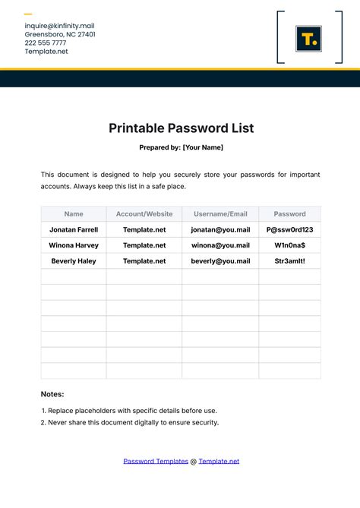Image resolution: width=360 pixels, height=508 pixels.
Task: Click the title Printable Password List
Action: point(180,128)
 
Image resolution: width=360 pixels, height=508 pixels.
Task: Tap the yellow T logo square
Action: point(308,39)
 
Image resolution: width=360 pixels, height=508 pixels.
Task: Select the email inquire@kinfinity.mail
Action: point(59,25)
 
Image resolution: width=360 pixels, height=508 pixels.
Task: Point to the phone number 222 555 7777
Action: point(46,43)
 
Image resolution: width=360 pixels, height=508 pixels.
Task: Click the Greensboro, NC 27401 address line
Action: point(60,34)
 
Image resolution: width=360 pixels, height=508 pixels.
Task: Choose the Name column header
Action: point(74,214)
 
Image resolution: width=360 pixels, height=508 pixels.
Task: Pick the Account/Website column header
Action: point(144,214)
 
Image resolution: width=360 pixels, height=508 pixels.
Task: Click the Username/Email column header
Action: point(220,214)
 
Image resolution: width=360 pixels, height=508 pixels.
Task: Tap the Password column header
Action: point(289,214)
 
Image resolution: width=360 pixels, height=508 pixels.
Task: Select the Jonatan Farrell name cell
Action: point(74,229)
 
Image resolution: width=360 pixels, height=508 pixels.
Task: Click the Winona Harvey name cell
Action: point(74,245)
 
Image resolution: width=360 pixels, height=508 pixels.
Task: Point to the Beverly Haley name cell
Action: point(74,261)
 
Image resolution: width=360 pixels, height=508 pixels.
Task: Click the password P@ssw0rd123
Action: point(289,229)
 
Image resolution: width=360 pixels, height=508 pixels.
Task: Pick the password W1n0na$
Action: point(289,245)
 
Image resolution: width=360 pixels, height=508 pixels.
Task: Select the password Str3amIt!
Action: point(289,261)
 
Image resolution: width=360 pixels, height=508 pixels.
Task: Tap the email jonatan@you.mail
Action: point(220,229)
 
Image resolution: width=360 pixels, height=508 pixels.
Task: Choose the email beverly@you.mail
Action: point(220,261)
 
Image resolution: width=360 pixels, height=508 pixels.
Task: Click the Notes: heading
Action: point(52,394)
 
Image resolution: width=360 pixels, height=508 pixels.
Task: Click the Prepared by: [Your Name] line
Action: point(180,147)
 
